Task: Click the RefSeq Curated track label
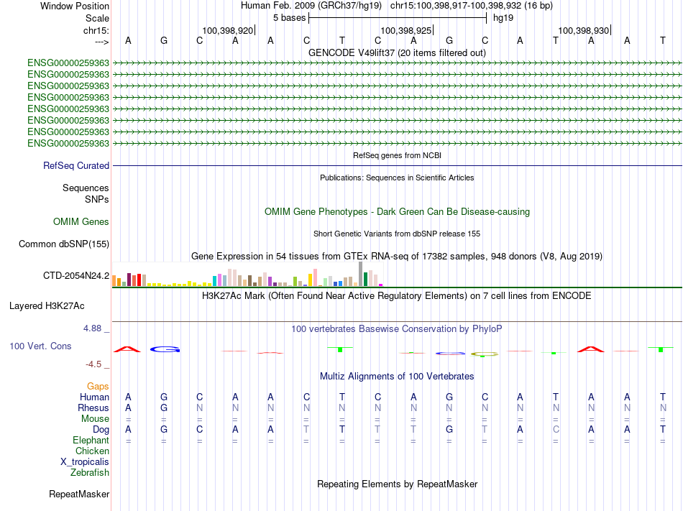tap(76, 166)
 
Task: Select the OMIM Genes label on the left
tap(81, 221)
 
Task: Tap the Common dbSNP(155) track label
tap(64, 244)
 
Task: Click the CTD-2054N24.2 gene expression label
tap(76, 275)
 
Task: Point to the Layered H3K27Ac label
tap(47, 306)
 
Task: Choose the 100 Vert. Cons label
tap(40, 346)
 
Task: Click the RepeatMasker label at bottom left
tap(79, 494)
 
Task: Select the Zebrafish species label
tap(90, 472)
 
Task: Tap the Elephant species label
tap(91, 440)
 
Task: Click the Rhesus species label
tap(93, 408)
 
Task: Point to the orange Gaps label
tap(98, 387)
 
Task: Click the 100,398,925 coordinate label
tap(405, 30)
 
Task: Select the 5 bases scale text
tap(289, 18)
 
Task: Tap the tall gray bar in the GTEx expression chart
tap(361, 274)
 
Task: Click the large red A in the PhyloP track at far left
tap(127, 349)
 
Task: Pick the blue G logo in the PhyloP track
tap(165, 349)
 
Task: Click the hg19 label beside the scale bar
tap(503, 18)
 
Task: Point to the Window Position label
tap(75, 6)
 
